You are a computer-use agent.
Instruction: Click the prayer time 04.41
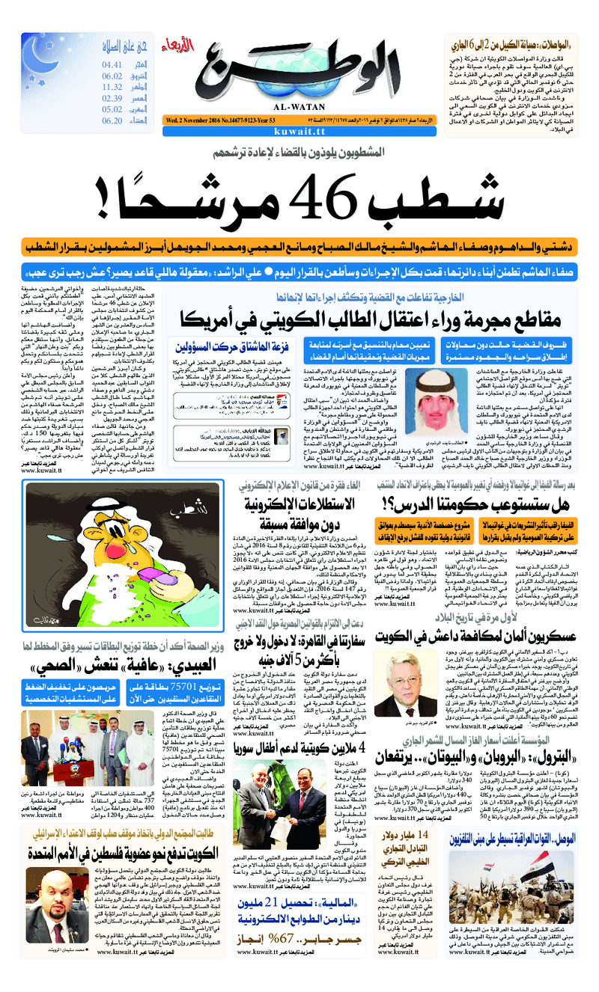click(x=112, y=64)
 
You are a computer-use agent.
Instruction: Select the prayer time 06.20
click(x=112, y=120)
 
